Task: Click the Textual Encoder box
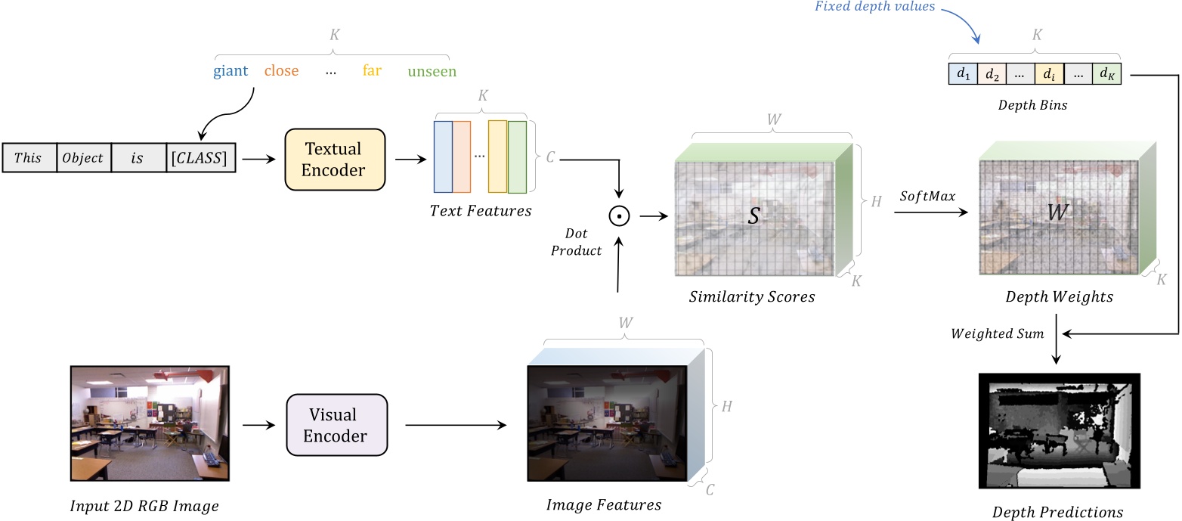coord(333,159)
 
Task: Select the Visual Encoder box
coord(336,425)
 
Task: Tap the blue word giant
coord(230,72)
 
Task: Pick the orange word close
coord(281,72)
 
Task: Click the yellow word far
coord(372,72)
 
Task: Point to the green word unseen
coord(432,72)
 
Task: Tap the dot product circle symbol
coord(619,216)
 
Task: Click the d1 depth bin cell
coord(962,74)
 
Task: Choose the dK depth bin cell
coord(1106,74)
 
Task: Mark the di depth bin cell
coord(1048,74)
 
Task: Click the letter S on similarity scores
coord(753,216)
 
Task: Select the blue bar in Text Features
coord(443,157)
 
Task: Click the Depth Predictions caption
coord(1057,512)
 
